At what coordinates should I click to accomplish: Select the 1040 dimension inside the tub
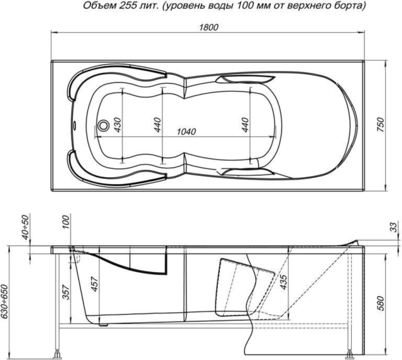[185, 131]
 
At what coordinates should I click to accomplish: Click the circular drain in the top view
[103, 125]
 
